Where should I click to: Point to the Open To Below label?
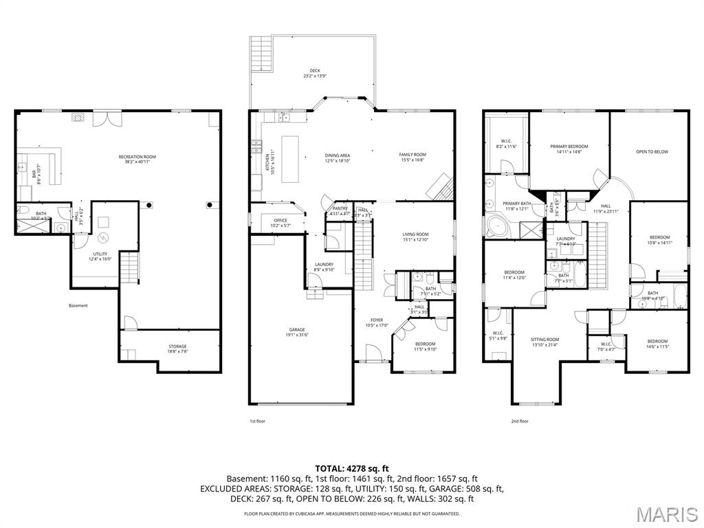[x=651, y=152]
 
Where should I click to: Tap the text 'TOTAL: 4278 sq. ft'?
[x=352, y=468]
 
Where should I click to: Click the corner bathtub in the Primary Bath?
[x=497, y=226]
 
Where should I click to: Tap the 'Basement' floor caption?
[x=78, y=306]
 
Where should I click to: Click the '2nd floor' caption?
[x=519, y=421]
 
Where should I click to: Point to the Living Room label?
[x=415, y=237]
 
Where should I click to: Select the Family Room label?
[x=412, y=157]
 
